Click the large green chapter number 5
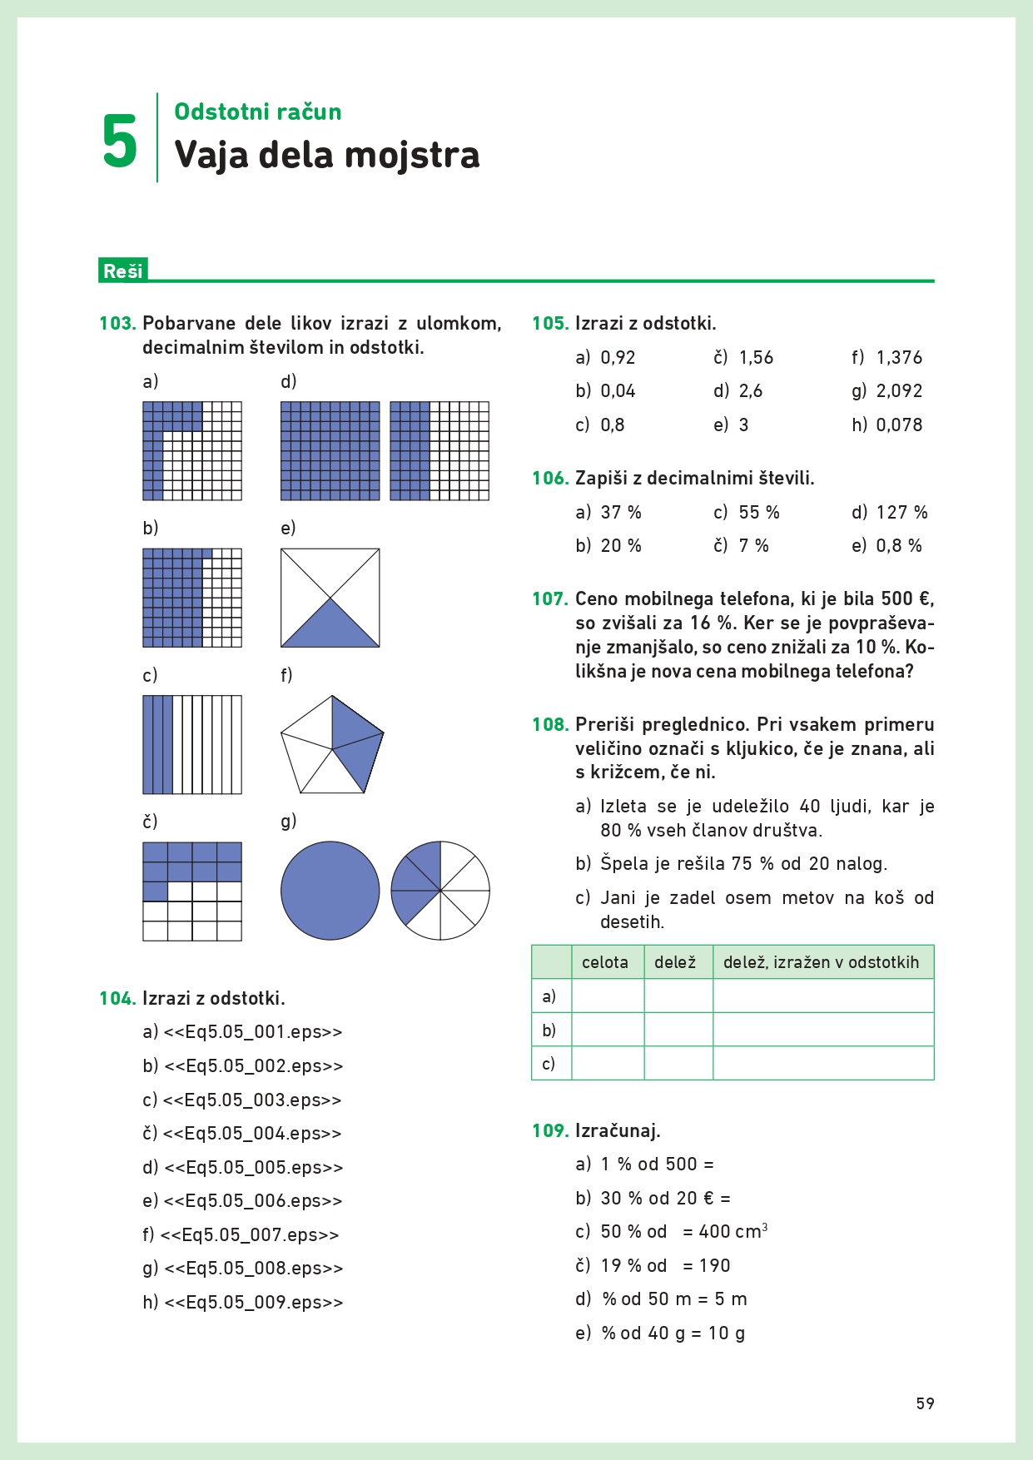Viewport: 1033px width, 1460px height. tap(119, 142)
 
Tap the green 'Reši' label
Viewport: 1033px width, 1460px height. tap(122, 271)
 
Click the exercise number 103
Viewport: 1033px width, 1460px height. tap(117, 323)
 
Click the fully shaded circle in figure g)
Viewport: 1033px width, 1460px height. tap(330, 891)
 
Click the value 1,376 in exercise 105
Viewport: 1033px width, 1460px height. tap(899, 357)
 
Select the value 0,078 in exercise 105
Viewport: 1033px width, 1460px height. tap(899, 425)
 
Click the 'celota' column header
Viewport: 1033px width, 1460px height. tap(605, 962)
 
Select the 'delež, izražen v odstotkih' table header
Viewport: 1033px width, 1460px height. tap(821, 962)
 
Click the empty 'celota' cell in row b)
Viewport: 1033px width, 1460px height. tap(608, 1030)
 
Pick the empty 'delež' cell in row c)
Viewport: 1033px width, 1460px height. tap(678, 1063)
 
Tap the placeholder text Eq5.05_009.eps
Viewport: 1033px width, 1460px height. tap(254, 1302)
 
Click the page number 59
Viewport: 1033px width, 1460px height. tap(925, 1403)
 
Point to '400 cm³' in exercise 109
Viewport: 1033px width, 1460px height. tap(733, 1231)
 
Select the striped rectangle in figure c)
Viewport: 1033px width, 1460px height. tap(192, 745)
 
